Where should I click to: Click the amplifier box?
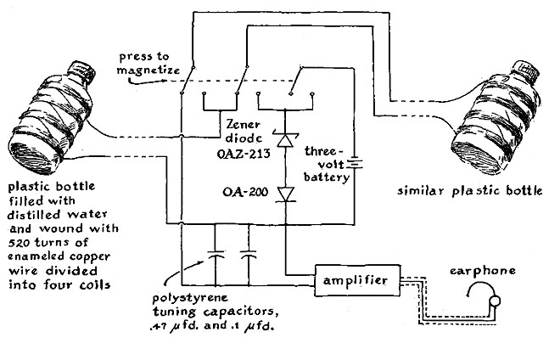coord(356,279)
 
